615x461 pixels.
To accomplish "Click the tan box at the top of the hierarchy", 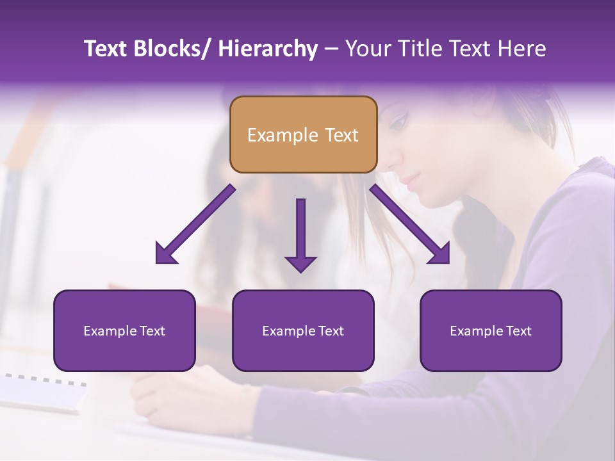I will [303, 134].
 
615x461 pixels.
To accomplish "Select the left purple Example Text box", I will [124, 330].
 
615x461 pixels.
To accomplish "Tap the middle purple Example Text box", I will [303, 330].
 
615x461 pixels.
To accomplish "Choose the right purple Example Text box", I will [491, 330].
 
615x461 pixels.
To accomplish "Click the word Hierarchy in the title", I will [267, 49].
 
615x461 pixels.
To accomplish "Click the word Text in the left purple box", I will [154, 331].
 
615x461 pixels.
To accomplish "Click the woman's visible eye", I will [398, 120].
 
